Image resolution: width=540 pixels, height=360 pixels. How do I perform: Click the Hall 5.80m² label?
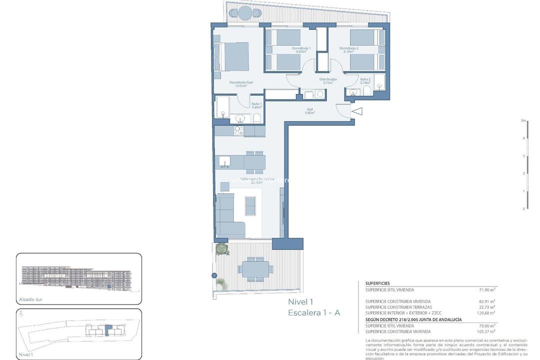click(x=310, y=111)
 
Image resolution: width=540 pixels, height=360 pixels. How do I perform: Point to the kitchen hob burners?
click(x=239, y=131)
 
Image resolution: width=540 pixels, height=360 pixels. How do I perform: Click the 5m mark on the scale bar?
click(x=523, y=120)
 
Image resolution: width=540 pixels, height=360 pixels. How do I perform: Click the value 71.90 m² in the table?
click(x=486, y=289)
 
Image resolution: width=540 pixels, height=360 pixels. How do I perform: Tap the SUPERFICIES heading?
click(x=377, y=283)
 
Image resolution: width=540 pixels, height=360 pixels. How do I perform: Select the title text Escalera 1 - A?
click(x=314, y=312)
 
